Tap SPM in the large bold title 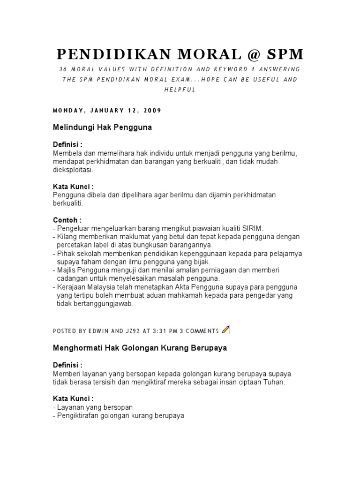pyautogui.click(x=279, y=55)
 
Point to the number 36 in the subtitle pyautogui.click(x=62, y=69)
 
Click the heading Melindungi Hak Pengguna pyautogui.click(x=102, y=127)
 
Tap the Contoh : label pyautogui.click(x=67, y=219)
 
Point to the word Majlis pyautogui.click(x=67, y=270)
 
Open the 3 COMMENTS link pyautogui.click(x=199, y=331)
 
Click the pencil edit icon pyautogui.click(x=225, y=330)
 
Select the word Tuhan pyautogui.click(x=274, y=382)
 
